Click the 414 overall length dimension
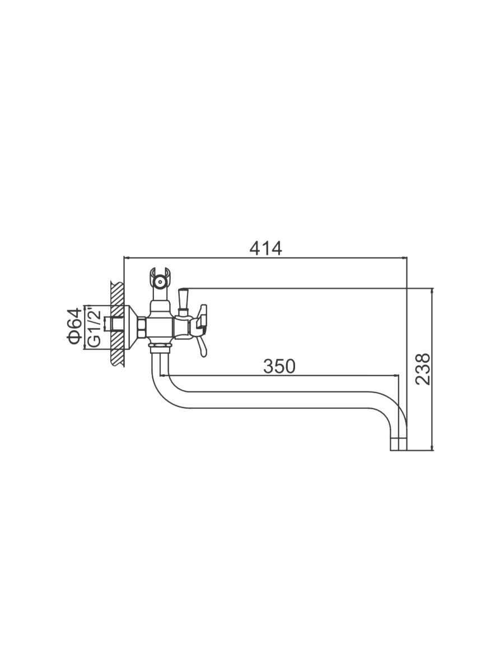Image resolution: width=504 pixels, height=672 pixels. coord(265,249)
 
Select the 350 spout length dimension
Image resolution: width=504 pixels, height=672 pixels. coord(279,366)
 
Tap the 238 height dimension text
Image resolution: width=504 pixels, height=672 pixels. coord(423,369)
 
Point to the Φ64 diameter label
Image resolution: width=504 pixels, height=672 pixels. coord(74,326)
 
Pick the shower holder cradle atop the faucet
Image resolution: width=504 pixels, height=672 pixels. coord(160,278)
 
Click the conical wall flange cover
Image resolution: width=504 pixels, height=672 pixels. coord(131,328)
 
